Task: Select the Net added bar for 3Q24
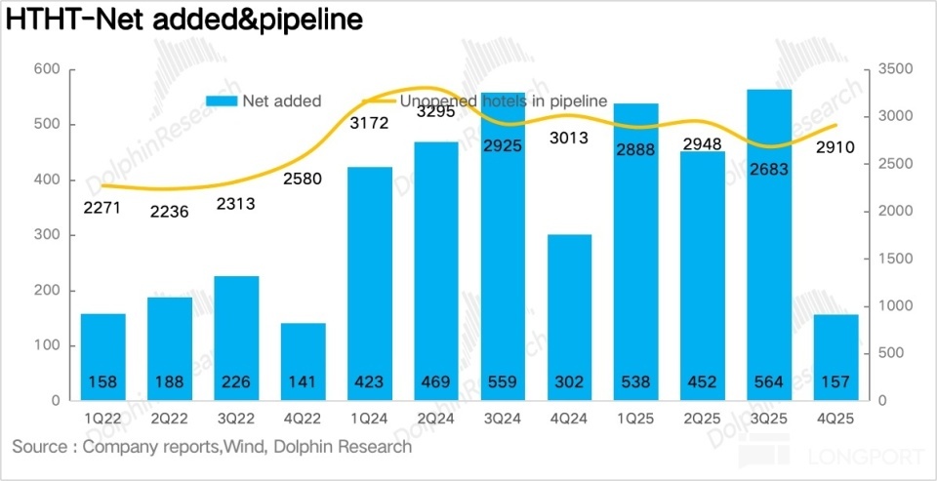point(503,244)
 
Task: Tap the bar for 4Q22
point(303,361)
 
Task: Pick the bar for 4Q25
point(836,357)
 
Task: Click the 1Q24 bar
point(369,283)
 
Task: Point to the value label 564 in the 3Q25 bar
point(769,382)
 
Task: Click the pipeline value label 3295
point(435,112)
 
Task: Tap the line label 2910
point(836,148)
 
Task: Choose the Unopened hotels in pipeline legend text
point(504,100)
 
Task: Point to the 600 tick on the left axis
point(47,69)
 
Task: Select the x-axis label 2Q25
point(703,418)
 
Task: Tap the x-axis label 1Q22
point(102,418)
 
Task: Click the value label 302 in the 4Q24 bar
point(569,382)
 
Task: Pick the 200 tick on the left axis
point(47,291)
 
